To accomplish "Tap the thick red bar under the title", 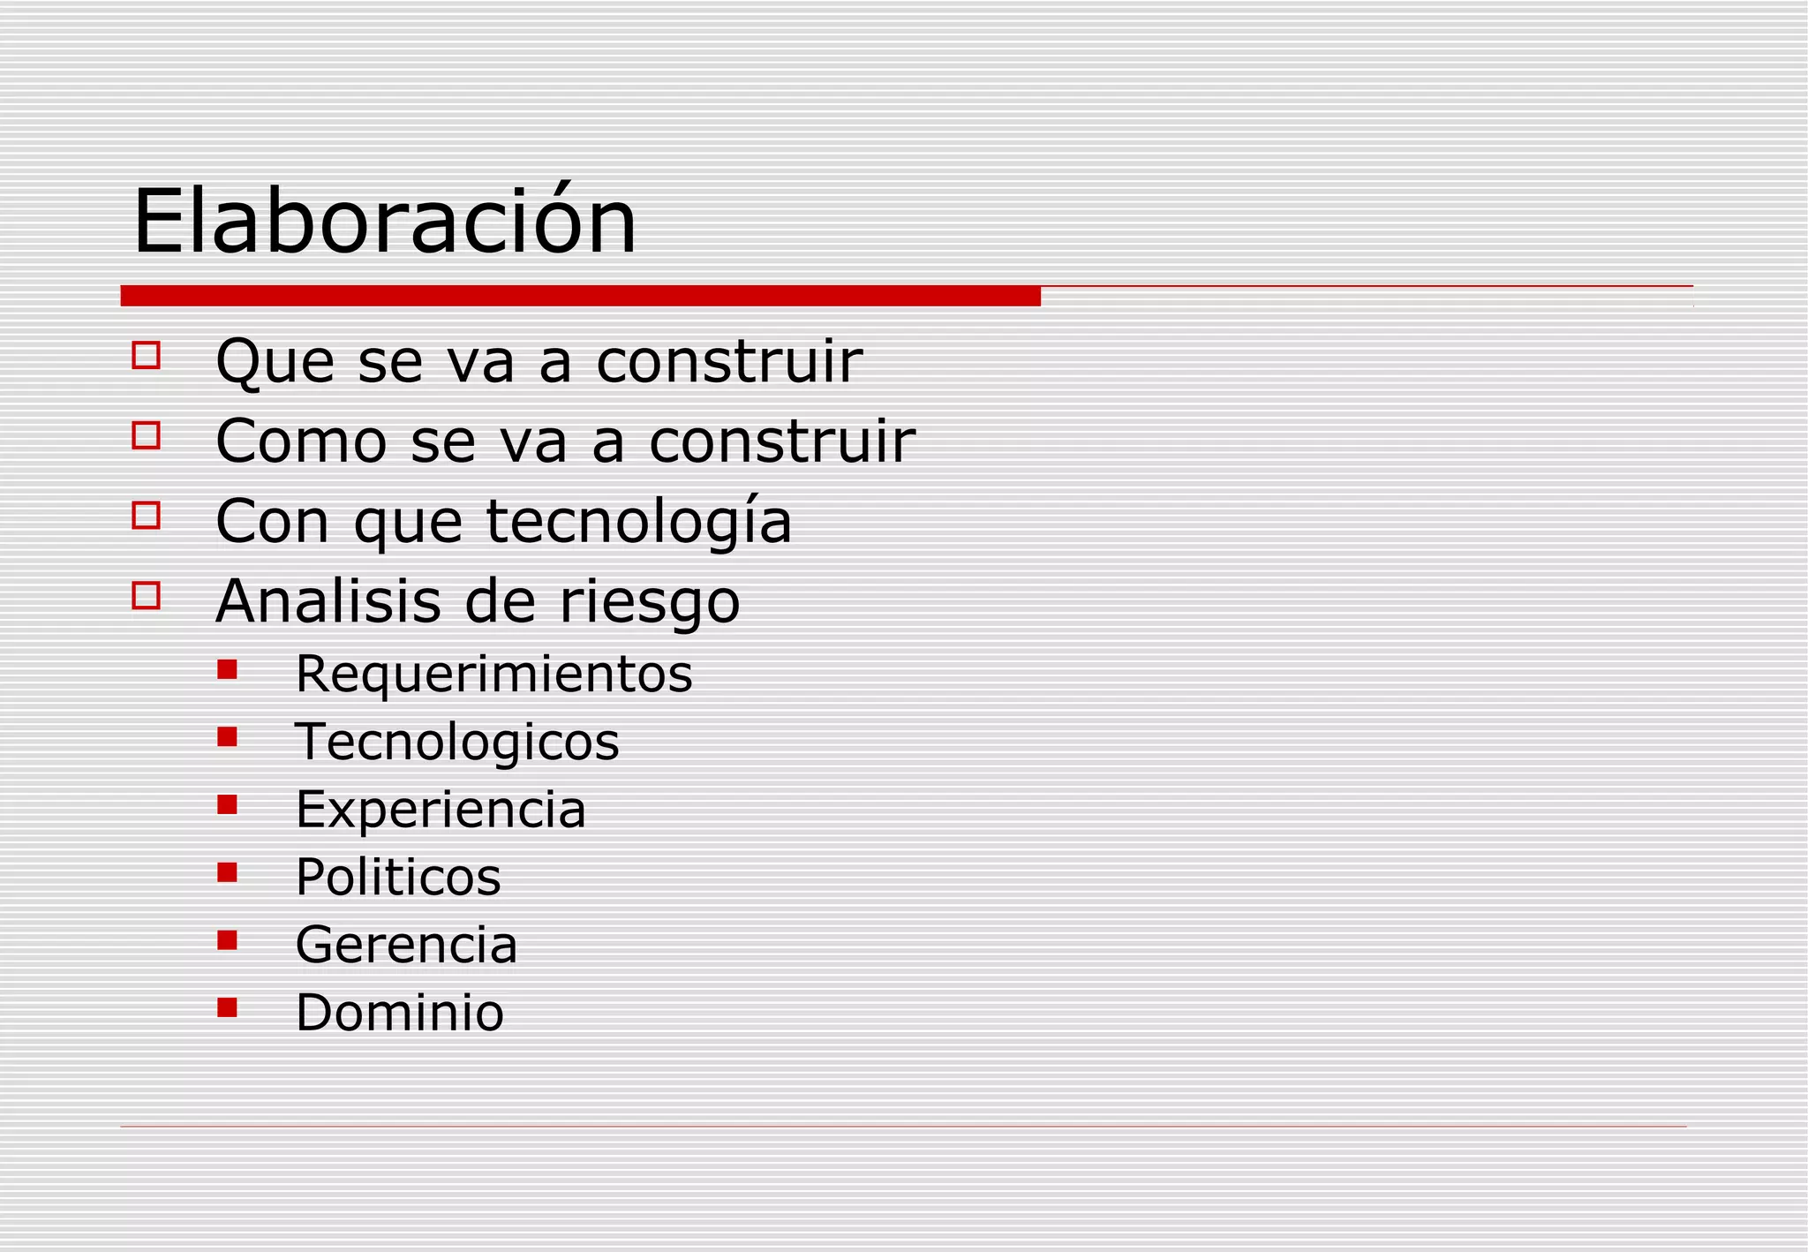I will click(580, 296).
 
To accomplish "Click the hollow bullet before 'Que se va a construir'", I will click(147, 355).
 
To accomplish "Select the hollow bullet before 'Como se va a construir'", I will click(147, 435).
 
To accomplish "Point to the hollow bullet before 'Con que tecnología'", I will click(147, 515).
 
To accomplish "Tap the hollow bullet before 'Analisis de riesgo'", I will click(147, 595).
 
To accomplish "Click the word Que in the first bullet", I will click(275, 361).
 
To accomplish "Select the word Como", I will click(301, 441).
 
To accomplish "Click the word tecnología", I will click(639, 521).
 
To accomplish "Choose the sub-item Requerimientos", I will click(493, 675).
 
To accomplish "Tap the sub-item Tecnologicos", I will click(456, 742).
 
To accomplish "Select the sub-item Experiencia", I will click(441, 810).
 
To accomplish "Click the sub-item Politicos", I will click(398, 878).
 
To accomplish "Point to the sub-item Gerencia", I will click(406, 946).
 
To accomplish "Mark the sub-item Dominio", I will click(399, 1013).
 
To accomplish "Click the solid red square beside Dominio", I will click(227, 1007).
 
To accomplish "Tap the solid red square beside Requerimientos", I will click(227, 669).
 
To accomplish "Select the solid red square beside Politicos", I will click(227, 872).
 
